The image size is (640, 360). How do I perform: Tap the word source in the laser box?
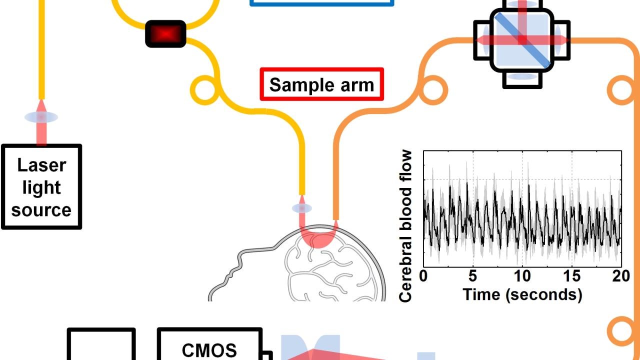[x=41, y=209]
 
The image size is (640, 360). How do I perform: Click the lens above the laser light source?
[x=41, y=117]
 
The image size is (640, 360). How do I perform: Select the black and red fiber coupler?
[x=165, y=34]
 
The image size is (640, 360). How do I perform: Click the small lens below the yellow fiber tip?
[x=301, y=208]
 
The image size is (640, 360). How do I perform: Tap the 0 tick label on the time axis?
[x=423, y=276]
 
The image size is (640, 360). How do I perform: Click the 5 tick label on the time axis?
[x=473, y=276]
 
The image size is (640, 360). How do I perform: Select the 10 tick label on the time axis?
[x=522, y=276]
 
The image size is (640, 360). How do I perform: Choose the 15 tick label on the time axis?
[x=572, y=276]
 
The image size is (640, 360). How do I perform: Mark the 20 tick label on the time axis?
[x=620, y=276]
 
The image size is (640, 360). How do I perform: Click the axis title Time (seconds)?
[x=522, y=294]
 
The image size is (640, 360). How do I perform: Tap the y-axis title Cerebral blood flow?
[x=406, y=226]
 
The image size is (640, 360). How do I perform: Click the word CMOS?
[x=209, y=350]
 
